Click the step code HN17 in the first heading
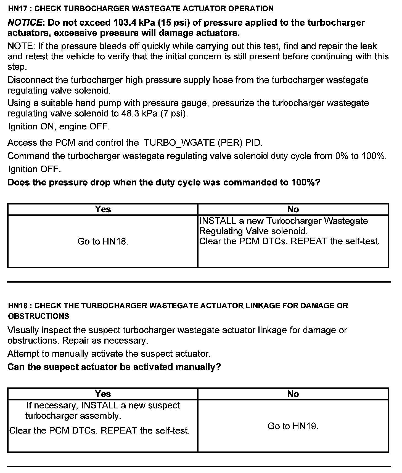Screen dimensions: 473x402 click(18, 9)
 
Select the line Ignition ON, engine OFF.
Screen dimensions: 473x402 click(59, 127)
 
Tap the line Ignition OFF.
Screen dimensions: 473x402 click(34, 169)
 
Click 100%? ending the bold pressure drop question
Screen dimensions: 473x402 click(305, 182)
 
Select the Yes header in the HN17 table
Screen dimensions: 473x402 click(103, 209)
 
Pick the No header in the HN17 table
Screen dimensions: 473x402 click(293, 209)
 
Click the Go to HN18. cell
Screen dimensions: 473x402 click(103, 241)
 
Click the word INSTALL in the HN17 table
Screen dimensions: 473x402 click(218, 221)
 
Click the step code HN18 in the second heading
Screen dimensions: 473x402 click(18, 306)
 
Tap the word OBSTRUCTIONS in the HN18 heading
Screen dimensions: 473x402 click(38, 316)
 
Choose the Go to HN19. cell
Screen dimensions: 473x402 click(293, 426)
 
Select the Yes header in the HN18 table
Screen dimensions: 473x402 click(103, 394)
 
